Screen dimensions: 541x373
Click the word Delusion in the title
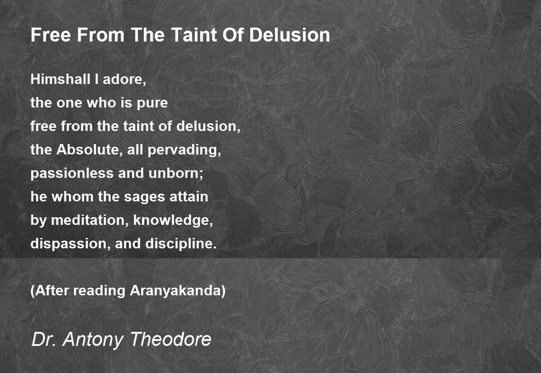pyautogui.click(x=289, y=35)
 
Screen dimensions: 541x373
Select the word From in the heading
pyautogui.click(x=101, y=35)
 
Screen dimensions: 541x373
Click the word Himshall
pyautogui.click(x=60, y=79)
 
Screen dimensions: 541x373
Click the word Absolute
pyautogui.click(x=88, y=149)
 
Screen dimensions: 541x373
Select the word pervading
pyautogui.click(x=184, y=150)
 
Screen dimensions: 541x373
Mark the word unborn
pyautogui.click(x=175, y=173)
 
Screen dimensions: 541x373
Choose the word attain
pyautogui.click(x=188, y=196)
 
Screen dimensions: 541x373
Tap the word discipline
pyautogui.click(x=181, y=244)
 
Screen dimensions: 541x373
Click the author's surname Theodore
pyautogui.click(x=171, y=339)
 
